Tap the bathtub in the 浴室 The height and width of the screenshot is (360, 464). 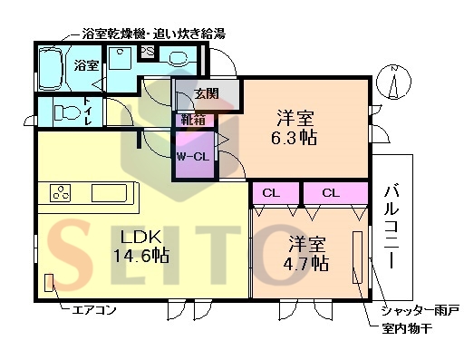coord(53,65)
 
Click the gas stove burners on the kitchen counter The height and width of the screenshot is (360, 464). coord(62,193)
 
